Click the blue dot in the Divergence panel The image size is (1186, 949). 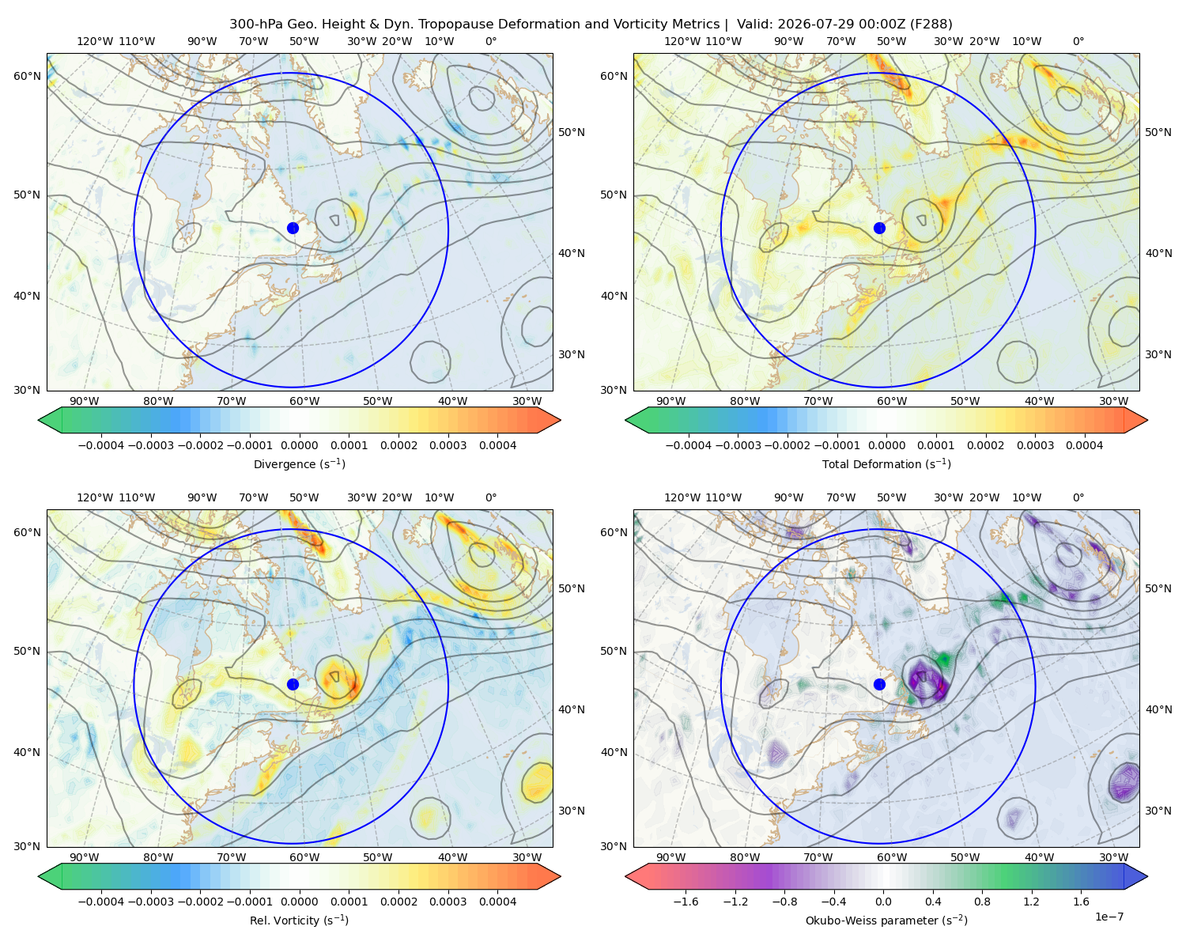[x=293, y=228]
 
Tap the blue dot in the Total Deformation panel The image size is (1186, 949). [x=879, y=228]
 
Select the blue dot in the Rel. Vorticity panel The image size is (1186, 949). [x=293, y=684]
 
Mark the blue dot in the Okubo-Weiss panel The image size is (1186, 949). [x=879, y=684]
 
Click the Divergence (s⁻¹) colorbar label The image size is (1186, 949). [x=299, y=464]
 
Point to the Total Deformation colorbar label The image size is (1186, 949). [x=886, y=464]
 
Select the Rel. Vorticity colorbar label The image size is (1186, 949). [x=299, y=921]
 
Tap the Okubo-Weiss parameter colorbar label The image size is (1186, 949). [x=886, y=921]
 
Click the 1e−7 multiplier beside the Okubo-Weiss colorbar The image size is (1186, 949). [x=1109, y=917]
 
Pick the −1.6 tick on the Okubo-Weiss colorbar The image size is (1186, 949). [x=686, y=902]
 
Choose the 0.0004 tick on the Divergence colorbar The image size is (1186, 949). [x=497, y=445]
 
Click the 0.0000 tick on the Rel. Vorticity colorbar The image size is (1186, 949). [x=299, y=902]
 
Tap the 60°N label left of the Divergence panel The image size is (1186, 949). [x=27, y=76]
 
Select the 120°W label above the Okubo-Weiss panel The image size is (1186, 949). [x=682, y=497]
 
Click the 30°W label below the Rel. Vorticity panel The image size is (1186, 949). [x=527, y=857]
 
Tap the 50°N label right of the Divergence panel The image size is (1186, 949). [x=572, y=132]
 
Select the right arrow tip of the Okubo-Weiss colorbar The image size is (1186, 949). [x=1147, y=876]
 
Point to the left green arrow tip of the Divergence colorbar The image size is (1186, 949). [x=39, y=420]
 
